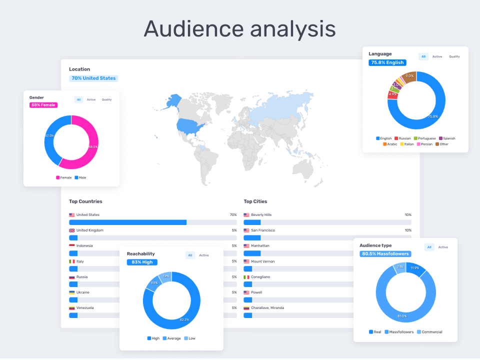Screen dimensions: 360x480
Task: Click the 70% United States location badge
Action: pyautogui.click(x=93, y=78)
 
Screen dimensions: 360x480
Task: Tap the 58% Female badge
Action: pyautogui.click(x=43, y=105)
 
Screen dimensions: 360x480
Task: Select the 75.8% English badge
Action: pyautogui.click(x=387, y=63)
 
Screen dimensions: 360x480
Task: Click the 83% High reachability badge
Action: pyautogui.click(x=142, y=262)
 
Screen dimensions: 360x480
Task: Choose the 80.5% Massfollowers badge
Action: pyautogui.click(x=385, y=254)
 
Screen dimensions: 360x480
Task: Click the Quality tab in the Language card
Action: pyautogui.click(x=454, y=56)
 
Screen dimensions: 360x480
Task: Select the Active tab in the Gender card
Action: pyautogui.click(x=91, y=99)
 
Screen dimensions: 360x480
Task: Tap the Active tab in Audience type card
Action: pyautogui.click(x=443, y=247)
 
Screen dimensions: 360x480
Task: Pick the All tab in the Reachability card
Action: pyautogui.click(x=190, y=255)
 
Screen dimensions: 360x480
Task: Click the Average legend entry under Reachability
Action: pyautogui.click(x=173, y=338)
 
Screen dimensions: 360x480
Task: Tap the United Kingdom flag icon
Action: pyautogui.click(x=72, y=230)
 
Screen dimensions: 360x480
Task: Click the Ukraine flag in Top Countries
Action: pyautogui.click(x=72, y=292)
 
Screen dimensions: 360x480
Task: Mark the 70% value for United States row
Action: pyautogui.click(x=233, y=215)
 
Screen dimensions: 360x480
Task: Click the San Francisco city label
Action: pyautogui.click(x=262, y=230)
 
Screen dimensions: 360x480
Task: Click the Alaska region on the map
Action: pyautogui.click(x=172, y=101)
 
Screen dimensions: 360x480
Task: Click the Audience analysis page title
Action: pyautogui.click(x=239, y=28)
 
